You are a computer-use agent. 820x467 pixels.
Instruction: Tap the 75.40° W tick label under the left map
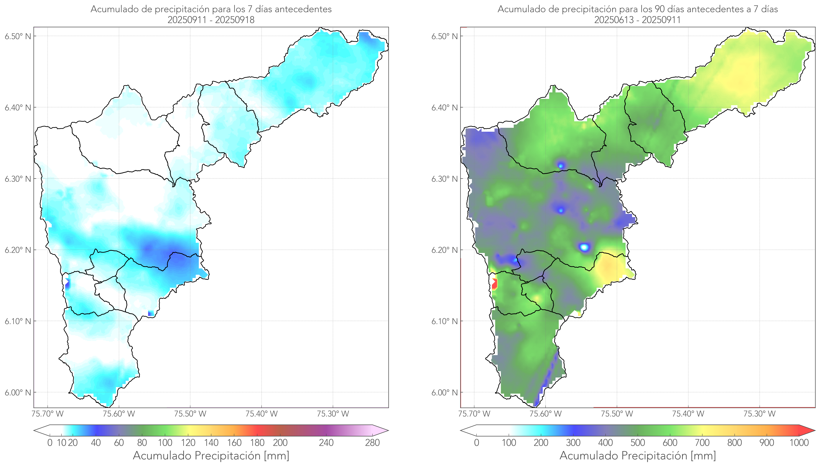261,414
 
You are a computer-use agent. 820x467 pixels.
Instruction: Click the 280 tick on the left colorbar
372,443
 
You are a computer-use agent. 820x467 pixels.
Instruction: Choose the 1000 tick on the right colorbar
799,443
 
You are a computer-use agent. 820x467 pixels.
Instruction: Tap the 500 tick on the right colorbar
638,443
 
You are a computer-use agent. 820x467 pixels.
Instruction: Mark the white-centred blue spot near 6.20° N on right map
585,247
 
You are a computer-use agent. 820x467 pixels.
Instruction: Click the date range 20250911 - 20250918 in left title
211,20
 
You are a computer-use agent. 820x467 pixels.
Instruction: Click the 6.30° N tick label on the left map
18,179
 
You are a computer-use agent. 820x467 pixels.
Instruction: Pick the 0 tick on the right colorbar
476,443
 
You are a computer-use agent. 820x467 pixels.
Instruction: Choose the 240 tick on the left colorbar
326,443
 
